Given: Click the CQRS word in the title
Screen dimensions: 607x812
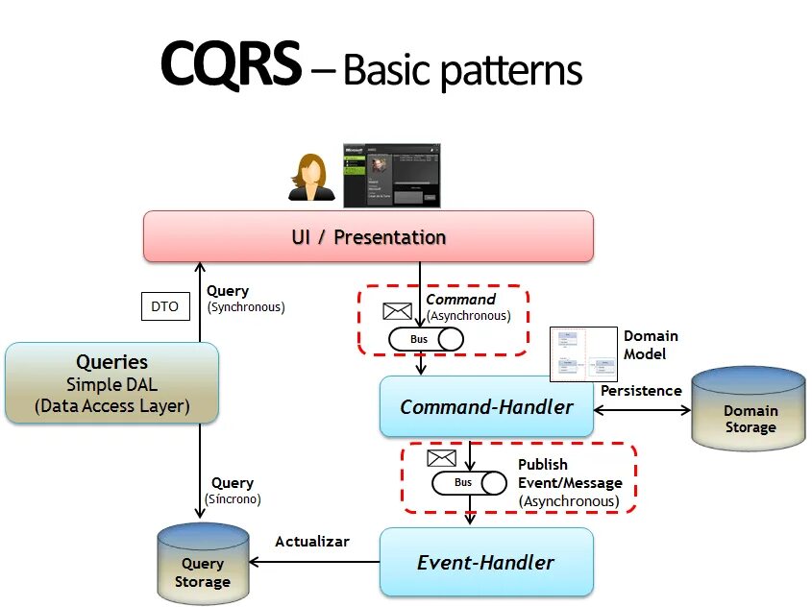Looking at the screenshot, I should point(231,66).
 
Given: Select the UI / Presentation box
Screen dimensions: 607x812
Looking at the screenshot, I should point(368,236).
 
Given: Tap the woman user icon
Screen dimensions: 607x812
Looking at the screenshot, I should point(311,178).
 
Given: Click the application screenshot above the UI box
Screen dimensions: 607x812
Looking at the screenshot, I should point(392,175).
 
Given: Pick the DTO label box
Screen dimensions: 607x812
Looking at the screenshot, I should point(164,307).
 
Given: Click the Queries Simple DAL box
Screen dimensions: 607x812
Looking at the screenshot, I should point(112,383).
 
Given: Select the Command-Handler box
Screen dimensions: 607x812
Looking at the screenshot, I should point(486,407).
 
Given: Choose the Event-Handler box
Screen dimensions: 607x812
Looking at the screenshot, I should point(486,562).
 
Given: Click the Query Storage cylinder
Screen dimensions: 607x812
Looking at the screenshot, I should point(202,565).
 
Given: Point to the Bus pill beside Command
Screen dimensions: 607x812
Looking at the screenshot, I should point(426,339).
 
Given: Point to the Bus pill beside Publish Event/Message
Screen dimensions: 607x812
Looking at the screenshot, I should point(469,482).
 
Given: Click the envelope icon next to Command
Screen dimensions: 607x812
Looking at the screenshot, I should point(397,311).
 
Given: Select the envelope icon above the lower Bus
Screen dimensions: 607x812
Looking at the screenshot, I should point(441,457).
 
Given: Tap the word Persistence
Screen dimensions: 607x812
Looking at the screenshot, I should point(641,391).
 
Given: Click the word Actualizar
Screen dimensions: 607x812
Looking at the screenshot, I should point(312,542).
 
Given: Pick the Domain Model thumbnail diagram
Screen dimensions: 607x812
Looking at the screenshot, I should point(582,354).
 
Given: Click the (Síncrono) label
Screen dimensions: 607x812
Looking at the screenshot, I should point(233,499).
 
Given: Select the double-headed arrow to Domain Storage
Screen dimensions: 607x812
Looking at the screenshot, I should point(642,410).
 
